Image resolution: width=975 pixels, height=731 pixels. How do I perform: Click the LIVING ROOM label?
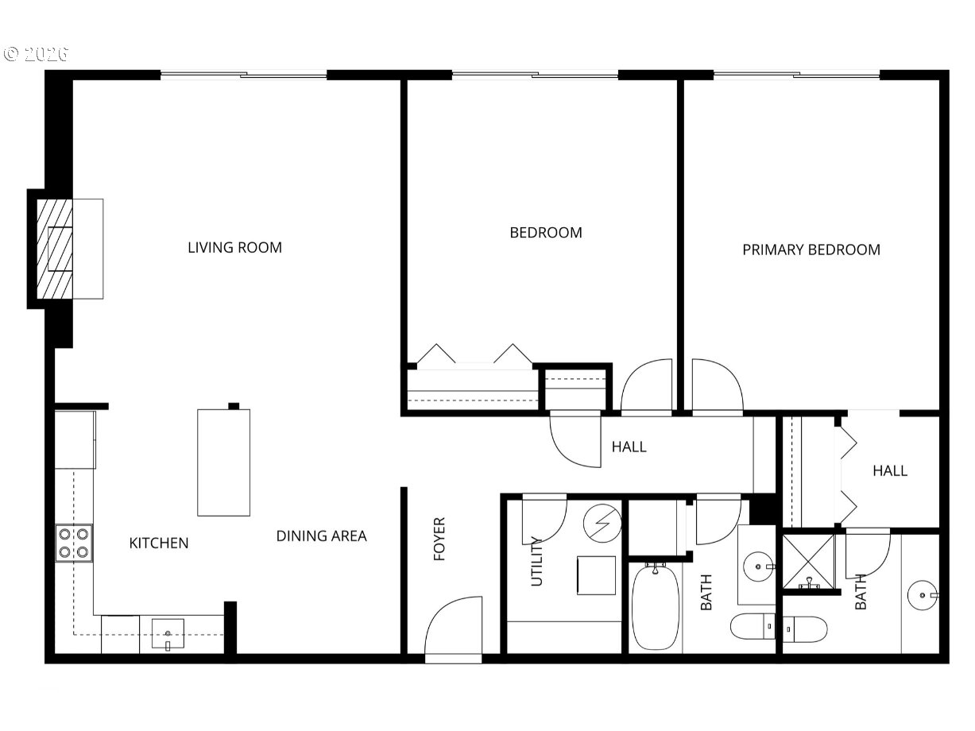point(234,247)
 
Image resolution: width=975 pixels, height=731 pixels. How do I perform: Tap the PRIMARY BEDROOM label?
point(811,249)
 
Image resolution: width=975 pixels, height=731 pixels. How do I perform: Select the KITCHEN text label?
point(159,543)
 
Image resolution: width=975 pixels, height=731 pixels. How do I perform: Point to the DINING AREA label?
point(321,536)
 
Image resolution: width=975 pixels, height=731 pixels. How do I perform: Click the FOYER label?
point(439,539)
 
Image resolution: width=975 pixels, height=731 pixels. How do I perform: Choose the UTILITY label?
point(536,561)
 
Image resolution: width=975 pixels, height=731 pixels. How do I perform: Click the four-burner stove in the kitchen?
point(74,543)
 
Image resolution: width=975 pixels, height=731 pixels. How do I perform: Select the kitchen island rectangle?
point(223,462)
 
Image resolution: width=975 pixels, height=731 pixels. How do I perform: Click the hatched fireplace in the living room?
point(54,249)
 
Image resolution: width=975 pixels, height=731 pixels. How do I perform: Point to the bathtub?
point(656,607)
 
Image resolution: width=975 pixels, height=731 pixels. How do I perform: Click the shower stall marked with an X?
point(808,562)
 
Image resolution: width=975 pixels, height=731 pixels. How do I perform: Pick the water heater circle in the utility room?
point(602,523)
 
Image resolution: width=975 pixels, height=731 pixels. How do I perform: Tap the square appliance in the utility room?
point(596,575)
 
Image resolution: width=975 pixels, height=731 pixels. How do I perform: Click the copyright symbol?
point(11,54)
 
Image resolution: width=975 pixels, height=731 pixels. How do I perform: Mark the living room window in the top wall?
point(243,75)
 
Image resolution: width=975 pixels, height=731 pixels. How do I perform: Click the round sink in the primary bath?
point(923,594)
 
